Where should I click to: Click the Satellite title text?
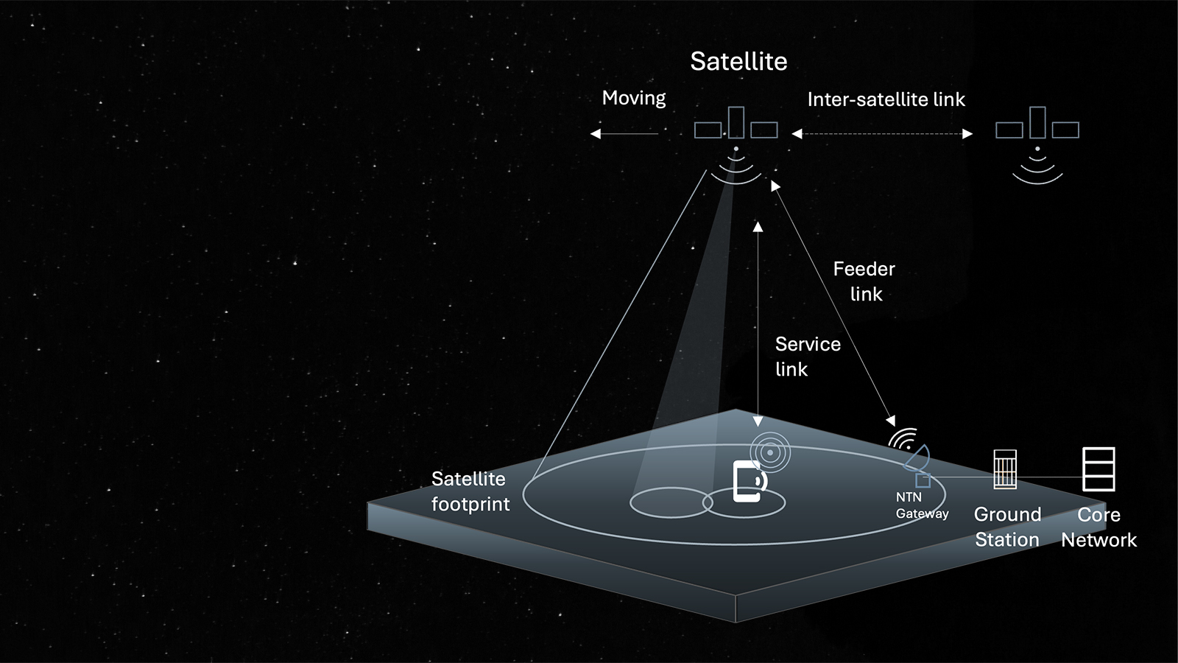click(x=738, y=61)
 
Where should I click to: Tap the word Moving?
click(x=633, y=98)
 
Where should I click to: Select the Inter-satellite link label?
click(x=886, y=99)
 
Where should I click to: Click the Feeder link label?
click(x=864, y=281)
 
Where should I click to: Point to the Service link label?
click(x=807, y=357)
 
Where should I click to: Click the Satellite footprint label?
click(x=470, y=491)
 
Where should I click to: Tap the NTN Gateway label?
click(x=921, y=505)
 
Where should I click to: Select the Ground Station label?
click(x=1007, y=527)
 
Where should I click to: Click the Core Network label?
click(x=1098, y=527)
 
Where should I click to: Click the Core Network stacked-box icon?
click(x=1098, y=469)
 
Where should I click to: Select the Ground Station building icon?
click(x=1005, y=469)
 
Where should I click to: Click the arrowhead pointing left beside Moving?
click(x=596, y=133)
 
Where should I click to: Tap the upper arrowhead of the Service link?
click(x=758, y=226)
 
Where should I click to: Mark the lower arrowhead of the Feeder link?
click(x=892, y=421)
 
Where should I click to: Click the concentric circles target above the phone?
click(x=770, y=452)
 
